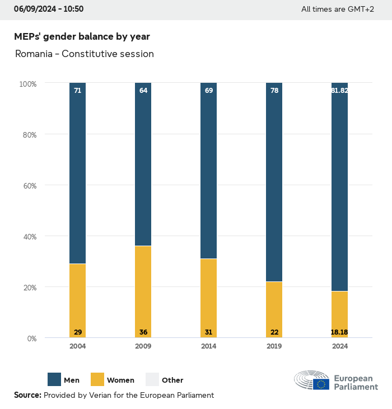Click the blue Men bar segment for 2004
click(78, 173)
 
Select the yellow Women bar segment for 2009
click(143, 291)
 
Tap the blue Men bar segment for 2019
click(274, 182)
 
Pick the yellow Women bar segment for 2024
click(340, 313)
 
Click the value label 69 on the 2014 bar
click(209, 90)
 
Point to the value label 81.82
click(340, 90)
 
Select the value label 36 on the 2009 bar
click(143, 332)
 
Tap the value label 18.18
click(340, 332)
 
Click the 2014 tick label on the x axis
click(209, 346)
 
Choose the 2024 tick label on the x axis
click(340, 346)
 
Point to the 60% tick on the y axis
click(28, 185)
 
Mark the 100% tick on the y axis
click(27, 83)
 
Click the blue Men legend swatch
click(54, 380)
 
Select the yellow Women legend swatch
click(97, 380)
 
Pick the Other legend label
click(172, 380)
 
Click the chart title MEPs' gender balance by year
click(82, 36)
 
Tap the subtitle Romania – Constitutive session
click(84, 54)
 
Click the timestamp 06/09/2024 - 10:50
click(49, 9)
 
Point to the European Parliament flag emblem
click(321, 384)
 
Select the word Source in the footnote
click(27, 395)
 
